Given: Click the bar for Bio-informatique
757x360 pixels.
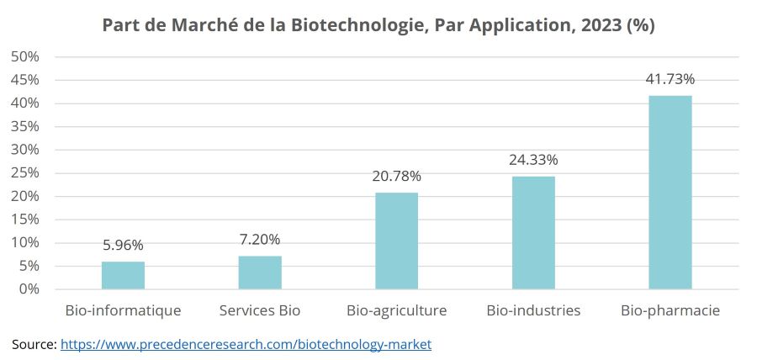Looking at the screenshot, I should coord(123,275).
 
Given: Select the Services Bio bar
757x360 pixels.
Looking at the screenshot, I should coord(260,273).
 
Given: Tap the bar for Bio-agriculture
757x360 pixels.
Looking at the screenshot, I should coord(396,241).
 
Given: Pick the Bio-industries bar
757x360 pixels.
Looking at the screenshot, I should coord(533,232).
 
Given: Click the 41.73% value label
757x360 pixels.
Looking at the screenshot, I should coord(670,80).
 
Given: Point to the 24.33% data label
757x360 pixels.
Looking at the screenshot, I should coord(533,160).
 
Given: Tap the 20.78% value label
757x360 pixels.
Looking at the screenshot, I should coord(396,177).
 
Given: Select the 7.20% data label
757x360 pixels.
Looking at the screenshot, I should coord(260,240).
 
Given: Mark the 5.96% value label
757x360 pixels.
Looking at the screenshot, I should coord(123,246).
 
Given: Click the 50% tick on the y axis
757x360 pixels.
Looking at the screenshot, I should coord(25,57).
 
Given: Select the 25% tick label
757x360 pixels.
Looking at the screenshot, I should coord(25,173).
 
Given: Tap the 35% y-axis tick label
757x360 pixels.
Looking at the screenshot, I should coord(25,127).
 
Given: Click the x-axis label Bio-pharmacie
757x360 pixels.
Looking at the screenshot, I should coord(670,310).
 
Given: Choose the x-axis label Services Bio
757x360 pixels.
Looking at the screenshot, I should coord(260,310).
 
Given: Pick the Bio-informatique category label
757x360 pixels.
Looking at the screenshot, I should coord(123,310).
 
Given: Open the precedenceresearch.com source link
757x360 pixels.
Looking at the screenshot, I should coord(246,344).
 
